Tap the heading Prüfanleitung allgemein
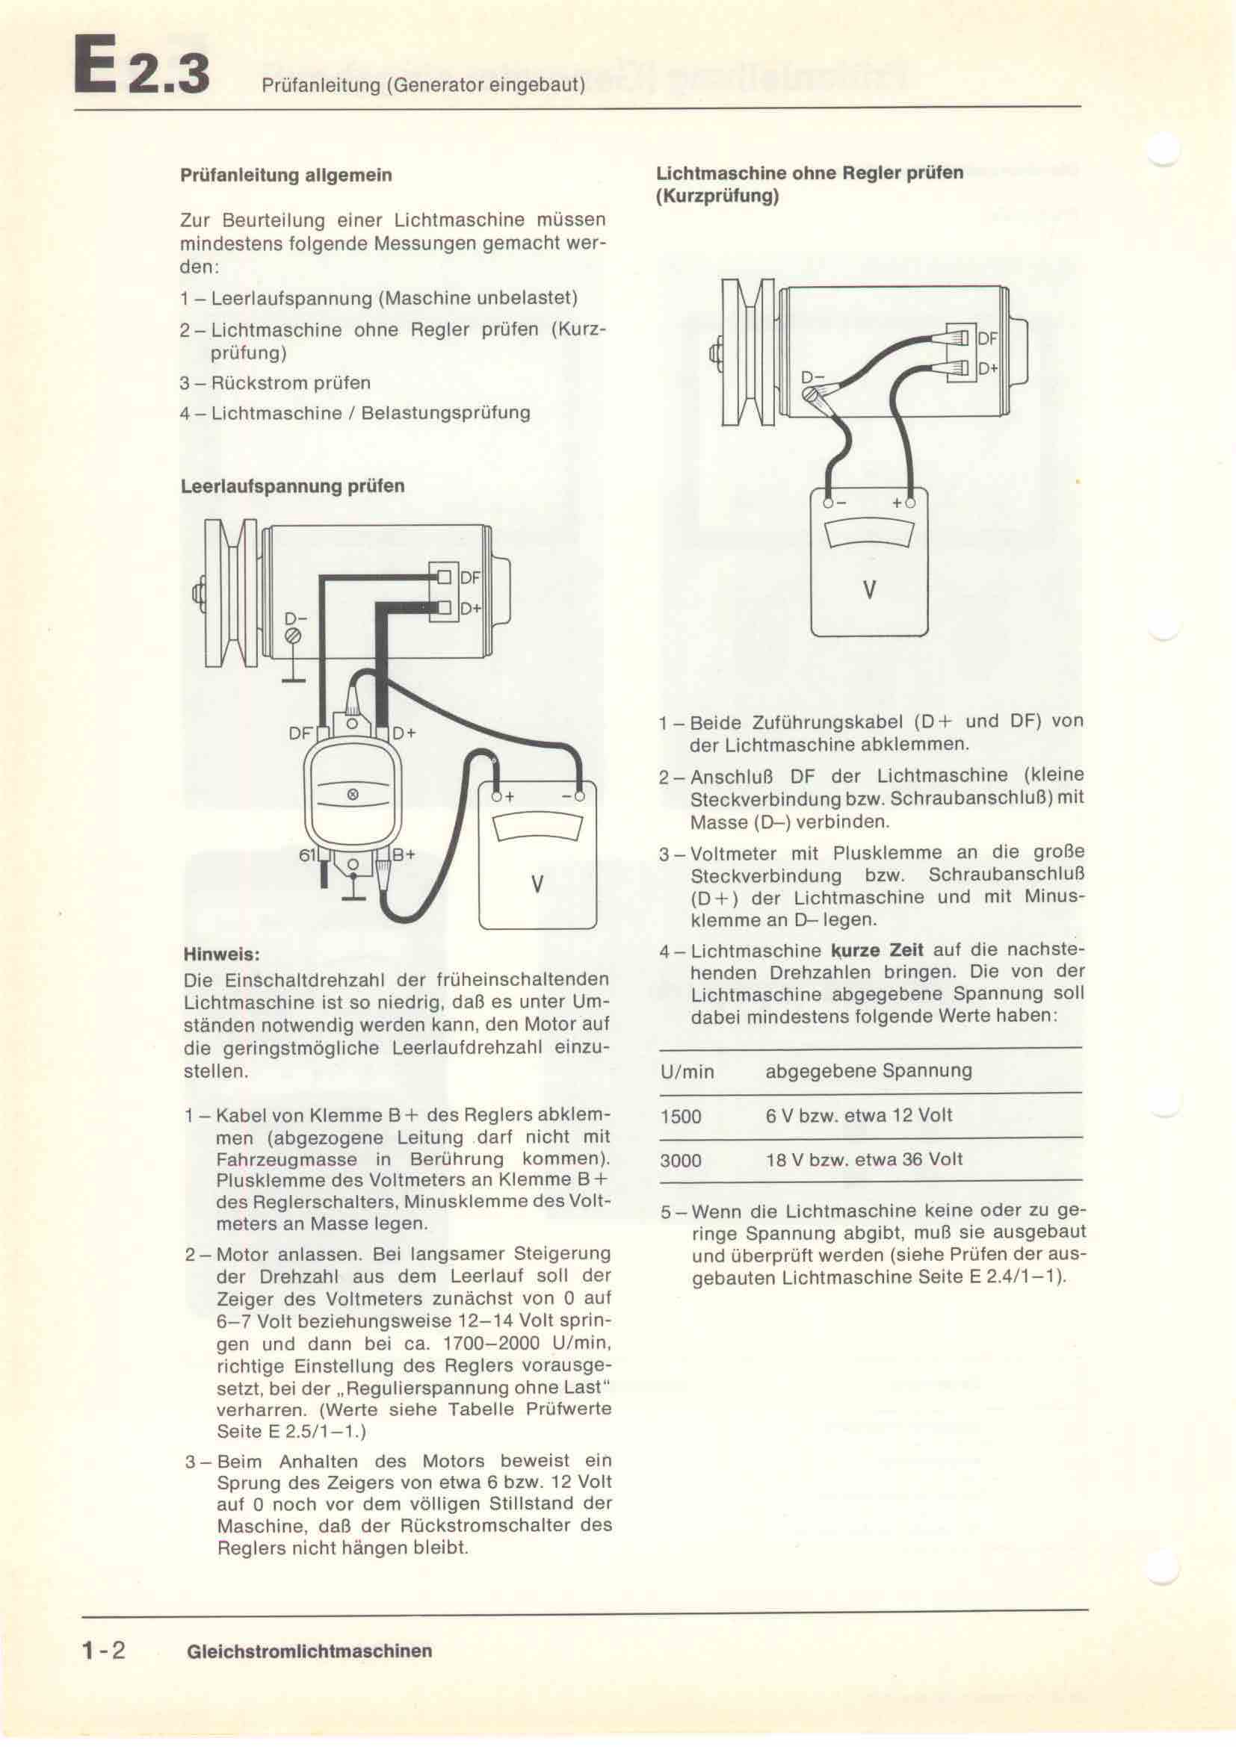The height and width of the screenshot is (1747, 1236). (x=286, y=175)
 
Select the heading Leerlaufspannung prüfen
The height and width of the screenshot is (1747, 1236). (x=292, y=486)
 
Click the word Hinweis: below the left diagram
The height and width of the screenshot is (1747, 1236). (x=221, y=953)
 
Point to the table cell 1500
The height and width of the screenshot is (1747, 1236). (x=682, y=1116)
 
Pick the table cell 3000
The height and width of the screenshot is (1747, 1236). (x=682, y=1161)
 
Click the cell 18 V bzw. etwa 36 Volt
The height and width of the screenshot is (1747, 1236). (x=864, y=1160)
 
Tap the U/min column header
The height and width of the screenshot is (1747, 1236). (x=687, y=1072)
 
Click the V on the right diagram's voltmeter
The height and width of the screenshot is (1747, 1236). (x=869, y=590)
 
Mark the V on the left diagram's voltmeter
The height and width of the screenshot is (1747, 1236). (x=537, y=884)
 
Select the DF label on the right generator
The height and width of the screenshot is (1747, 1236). (x=987, y=340)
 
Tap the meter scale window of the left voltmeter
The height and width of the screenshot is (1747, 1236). (x=538, y=828)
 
